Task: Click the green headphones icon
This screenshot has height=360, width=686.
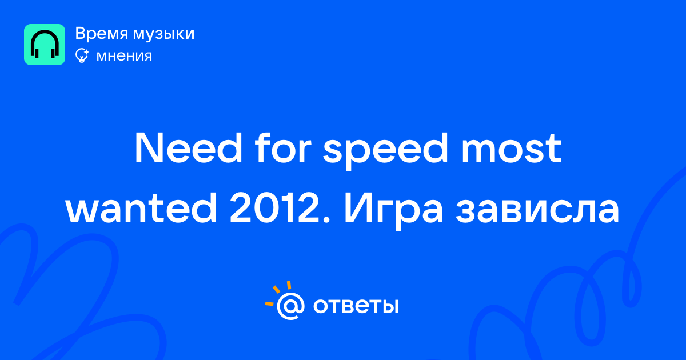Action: point(45,45)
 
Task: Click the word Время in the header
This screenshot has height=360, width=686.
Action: point(101,34)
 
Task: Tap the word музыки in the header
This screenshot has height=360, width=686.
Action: point(164,34)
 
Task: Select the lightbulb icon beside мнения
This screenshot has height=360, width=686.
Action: point(82,55)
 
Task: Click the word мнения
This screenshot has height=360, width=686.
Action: point(124,56)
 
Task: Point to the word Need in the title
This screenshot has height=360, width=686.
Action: point(188,149)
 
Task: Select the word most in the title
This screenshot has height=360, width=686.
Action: point(511,149)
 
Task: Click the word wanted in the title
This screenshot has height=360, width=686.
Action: point(141,208)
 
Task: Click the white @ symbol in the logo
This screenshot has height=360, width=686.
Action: point(290,306)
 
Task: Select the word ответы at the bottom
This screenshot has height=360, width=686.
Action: point(356,306)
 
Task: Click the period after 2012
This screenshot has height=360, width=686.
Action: point(326,220)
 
